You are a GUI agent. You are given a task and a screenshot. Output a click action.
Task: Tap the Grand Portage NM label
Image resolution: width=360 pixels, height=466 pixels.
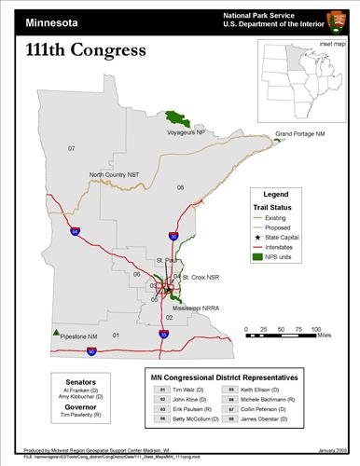point(299,135)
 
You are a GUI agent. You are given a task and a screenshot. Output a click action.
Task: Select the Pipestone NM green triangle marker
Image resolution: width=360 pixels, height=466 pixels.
point(57,332)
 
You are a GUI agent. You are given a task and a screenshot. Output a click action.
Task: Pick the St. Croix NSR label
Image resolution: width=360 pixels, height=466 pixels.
point(201,278)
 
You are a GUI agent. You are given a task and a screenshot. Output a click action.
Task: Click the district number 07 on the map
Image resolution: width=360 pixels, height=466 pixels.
point(71,148)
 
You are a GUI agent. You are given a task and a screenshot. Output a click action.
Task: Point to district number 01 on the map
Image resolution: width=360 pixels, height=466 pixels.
point(117,335)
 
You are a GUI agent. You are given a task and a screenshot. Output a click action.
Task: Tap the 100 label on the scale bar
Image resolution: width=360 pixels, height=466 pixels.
point(316,330)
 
